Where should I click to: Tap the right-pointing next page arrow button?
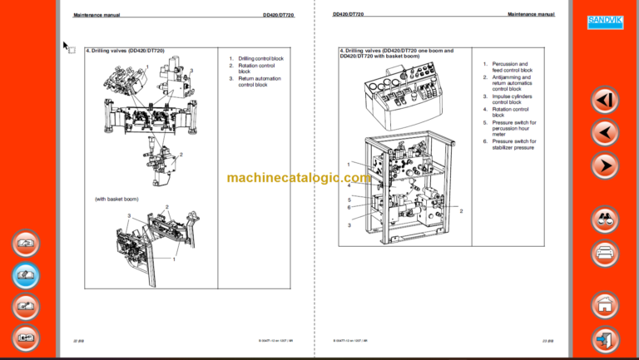click(605, 165)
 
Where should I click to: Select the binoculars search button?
click(605, 220)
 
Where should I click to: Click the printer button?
click(605, 253)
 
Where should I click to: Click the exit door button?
click(605, 339)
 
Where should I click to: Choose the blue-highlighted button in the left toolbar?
click(27, 275)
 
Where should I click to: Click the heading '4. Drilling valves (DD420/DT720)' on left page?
click(126, 51)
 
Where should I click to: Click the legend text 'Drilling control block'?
click(260, 58)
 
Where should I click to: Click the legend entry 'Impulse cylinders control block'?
click(511, 100)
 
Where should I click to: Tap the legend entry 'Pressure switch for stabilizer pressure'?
click(513, 145)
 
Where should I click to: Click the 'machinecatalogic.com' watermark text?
click(299, 178)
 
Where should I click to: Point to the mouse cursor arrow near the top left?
click(66, 46)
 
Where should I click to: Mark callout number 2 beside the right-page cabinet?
click(461, 211)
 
